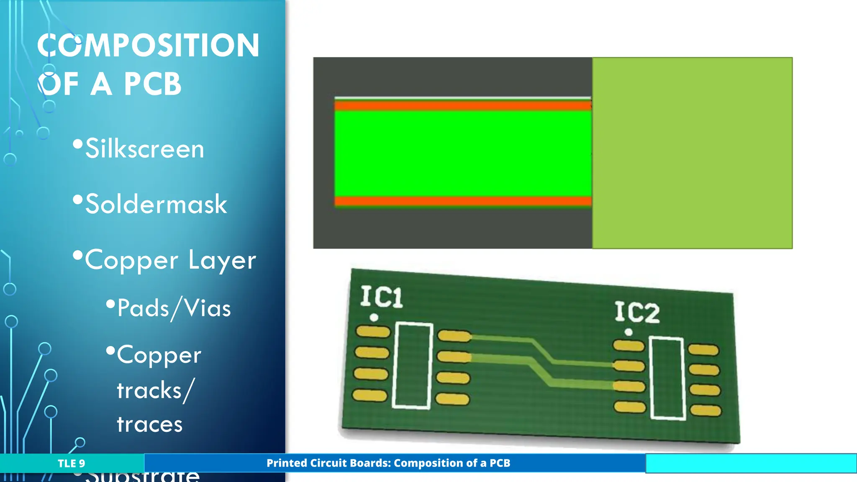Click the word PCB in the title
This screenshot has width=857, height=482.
(152, 84)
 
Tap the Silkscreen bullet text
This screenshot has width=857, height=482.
(144, 149)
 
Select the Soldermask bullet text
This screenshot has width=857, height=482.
(156, 204)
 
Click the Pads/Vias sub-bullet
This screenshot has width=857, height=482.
(174, 308)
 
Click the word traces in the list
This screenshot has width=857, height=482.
(149, 424)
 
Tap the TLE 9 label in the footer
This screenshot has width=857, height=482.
(71, 463)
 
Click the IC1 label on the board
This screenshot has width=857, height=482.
(381, 297)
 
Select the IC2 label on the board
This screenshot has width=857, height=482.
(636, 313)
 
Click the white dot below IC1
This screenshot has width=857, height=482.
(374, 318)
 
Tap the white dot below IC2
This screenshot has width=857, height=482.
(628, 332)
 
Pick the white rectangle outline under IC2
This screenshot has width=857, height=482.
(667, 378)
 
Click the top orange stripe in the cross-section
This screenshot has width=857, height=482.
(462, 105)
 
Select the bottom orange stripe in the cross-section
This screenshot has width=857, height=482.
(462, 201)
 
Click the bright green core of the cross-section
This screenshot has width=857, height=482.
(462, 153)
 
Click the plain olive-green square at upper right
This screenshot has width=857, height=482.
(692, 153)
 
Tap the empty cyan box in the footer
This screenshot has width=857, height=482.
(751, 463)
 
